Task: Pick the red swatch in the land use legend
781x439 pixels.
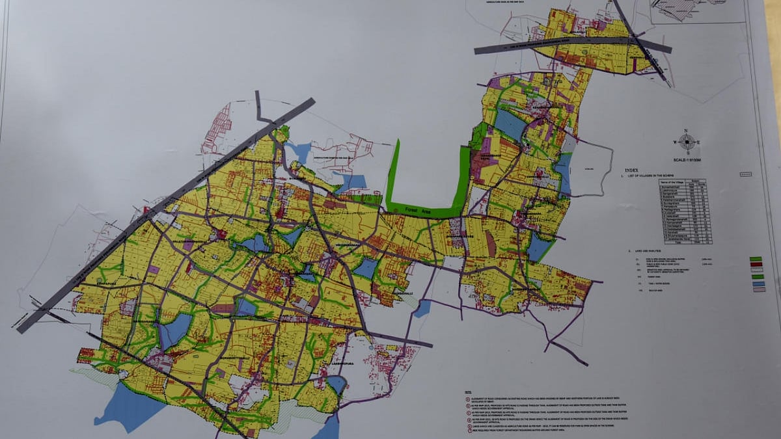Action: pos(757,265)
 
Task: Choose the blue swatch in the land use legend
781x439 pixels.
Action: pos(757,283)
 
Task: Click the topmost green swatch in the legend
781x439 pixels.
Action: pos(757,259)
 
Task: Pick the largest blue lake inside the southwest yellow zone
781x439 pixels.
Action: pos(174,330)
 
